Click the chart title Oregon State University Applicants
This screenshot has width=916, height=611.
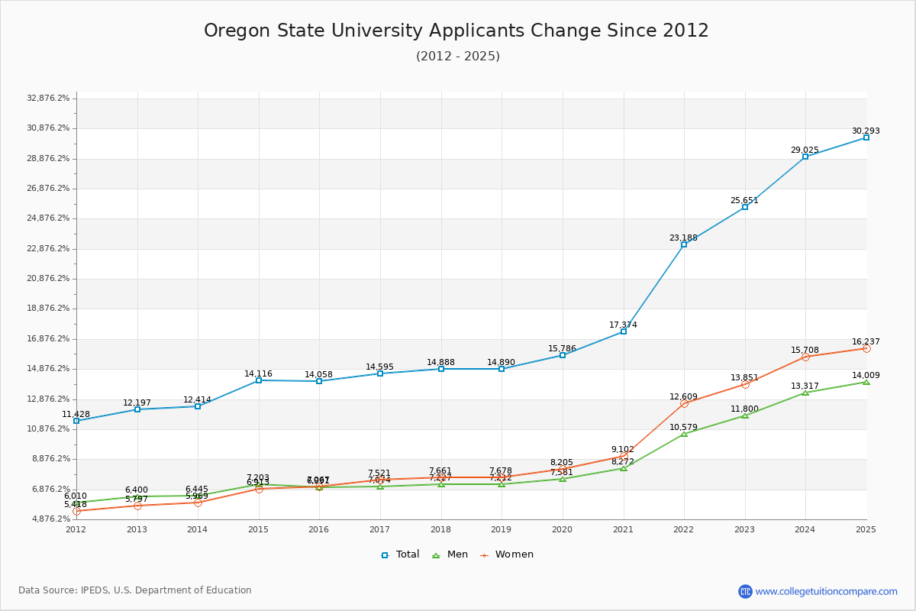[x=456, y=31]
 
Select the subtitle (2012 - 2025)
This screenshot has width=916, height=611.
[x=457, y=57]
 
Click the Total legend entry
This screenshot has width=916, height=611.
[x=400, y=554]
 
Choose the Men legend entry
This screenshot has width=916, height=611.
[x=450, y=554]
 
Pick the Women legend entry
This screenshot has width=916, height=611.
[x=507, y=554]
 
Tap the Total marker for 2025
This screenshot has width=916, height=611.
[x=866, y=137]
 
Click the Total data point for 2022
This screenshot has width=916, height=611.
[x=684, y=244]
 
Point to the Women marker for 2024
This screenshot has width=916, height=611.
[x=805, y=357]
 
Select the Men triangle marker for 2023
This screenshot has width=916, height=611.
[x=744, y=415]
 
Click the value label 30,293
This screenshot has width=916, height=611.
[x=866, y=131]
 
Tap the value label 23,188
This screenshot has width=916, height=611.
[x=683, y=238]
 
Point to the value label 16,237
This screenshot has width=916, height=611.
[x=866, y=341]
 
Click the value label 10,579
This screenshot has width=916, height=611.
[x=683, y=427]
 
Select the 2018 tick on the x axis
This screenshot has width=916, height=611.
[x=440, y=529]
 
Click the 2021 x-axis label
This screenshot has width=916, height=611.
[x=623, y=529]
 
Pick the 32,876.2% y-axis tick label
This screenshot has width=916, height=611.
[x=48, y=98]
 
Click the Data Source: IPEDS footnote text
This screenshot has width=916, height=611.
[x=135, y=590]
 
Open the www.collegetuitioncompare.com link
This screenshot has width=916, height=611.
[x=826, y=591]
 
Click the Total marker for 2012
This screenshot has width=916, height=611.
[x=76, y=421]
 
